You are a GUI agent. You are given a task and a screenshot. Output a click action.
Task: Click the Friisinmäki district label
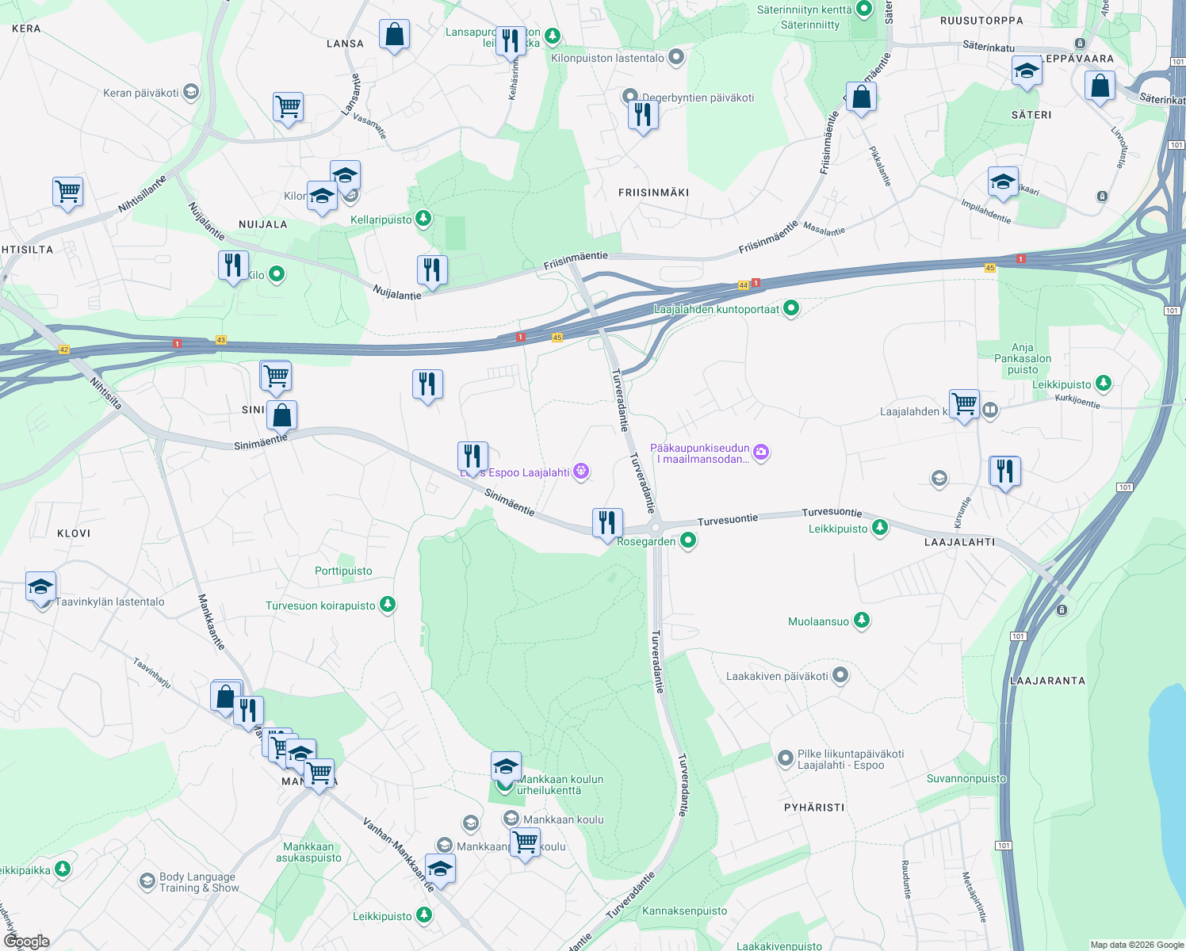pyautogui.click(x=653, y=193)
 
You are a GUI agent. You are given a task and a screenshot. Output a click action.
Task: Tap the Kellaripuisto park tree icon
pyautogui.click(x=424, y=219)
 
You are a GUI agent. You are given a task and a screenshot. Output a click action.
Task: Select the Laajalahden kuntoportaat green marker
pyautogui.click(x=791, y=308)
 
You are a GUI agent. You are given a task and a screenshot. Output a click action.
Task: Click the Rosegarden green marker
pyautogui.click(x=688, y=540)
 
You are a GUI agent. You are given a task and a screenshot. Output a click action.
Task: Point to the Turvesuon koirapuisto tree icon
pyautogui.click(x=387, y=605)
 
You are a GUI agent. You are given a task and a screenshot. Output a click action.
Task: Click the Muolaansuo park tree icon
pyautogui.click(x=862, y=621)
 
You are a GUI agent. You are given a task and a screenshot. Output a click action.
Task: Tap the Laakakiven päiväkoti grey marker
pyautogui.click(x=840, y=675)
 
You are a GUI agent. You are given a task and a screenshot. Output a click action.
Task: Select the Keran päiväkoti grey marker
pyautogui.click(x=190, y=92)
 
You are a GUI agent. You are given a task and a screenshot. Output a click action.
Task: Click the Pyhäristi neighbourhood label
pyautogui.click(x=814, y=807)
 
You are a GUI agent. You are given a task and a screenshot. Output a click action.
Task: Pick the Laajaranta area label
pyautogui.click(x=1047, y=680)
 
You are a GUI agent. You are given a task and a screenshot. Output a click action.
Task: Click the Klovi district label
pyautogui.click(x=74, y=533)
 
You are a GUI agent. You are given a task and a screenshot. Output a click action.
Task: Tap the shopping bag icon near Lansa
pyautogui.click(x=394, y=35)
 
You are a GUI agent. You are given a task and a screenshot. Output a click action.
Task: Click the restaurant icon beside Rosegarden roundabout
pyautogui.click(x=607, y=523)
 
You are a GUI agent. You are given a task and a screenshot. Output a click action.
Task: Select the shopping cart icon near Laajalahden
pyautogui.click(x=964, y=404)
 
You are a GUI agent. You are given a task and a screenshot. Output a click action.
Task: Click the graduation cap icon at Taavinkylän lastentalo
pyautogui.click(x=40, y=587)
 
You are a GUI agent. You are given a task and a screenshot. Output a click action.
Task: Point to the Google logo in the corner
pyautogui.click(x=27, y=941)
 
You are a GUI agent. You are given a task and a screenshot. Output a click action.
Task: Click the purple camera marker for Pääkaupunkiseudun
pyautogui.click(x=761, y=453)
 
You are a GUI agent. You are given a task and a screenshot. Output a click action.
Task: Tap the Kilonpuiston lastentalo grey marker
pyautogui.click(x=676, y=57)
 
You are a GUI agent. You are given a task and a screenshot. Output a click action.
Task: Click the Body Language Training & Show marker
pyautogui.click(x=147, y=881)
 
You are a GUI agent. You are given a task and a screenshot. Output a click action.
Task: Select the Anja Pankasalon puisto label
pyautogui.click(x=1023, y=358)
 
